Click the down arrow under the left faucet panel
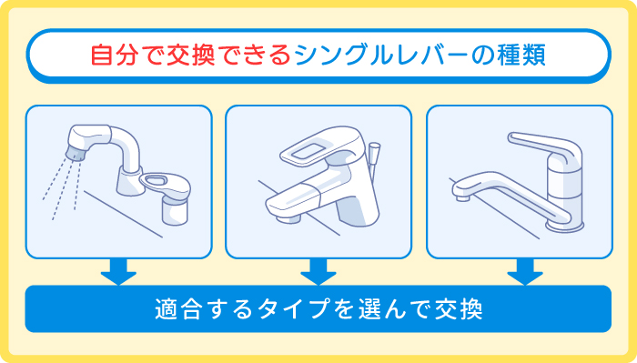click(118, 271)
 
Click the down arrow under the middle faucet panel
click(318, 271)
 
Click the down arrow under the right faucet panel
click(525, 271)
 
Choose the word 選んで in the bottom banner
click(380, 308)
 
